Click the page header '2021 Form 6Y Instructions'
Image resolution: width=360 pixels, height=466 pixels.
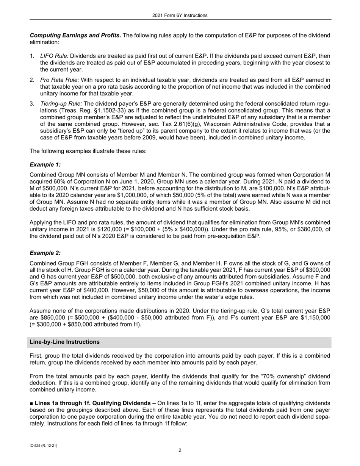[x=180, y=16]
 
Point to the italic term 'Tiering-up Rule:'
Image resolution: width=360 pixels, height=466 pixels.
[x=61, y=103]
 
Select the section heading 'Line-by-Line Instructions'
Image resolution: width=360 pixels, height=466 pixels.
[x=64, y=342]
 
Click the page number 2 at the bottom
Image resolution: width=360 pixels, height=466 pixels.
[x=180, y=450]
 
